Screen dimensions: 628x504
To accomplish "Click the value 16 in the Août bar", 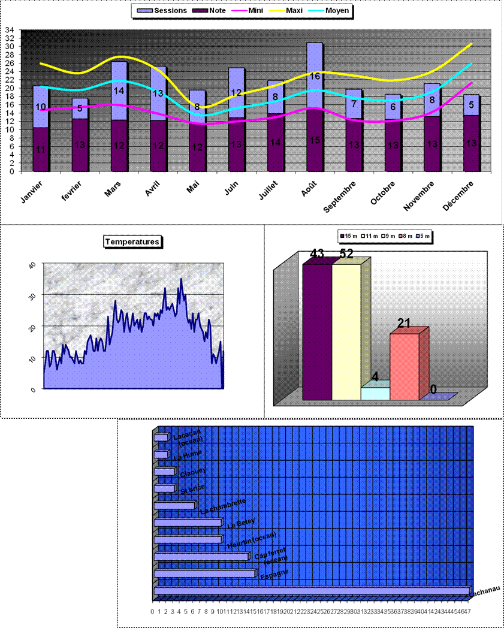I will tap(315, 76).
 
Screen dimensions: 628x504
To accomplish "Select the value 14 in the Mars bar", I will tap(119, 91).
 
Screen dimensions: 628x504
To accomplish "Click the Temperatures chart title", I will tap(132, 241).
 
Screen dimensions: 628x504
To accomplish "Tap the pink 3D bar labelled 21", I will tap(405, 366).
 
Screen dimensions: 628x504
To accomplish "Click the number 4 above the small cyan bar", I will tap(375, 376).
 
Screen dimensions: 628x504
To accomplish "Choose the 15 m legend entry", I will tap(349, 237).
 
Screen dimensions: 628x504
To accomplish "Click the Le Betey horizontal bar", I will tap(188, 523).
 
